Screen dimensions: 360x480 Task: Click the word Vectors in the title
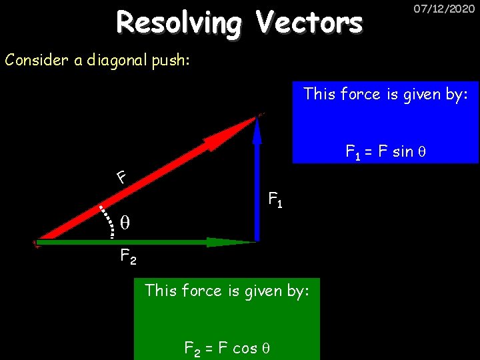pos(309,23)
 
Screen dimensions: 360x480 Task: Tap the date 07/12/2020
pos(439,10)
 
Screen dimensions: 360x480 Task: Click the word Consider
pos(37,60)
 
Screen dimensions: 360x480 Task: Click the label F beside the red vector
pos(121,177)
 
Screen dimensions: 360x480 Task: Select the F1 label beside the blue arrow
pos(275,199)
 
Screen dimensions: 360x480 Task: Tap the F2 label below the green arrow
pos(128,256)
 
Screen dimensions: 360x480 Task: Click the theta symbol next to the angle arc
pos(124,222)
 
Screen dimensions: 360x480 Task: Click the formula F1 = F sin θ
pos(385,152)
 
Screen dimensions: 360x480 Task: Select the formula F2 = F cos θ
pos(226,347)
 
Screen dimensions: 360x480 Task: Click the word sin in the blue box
pos(403,151)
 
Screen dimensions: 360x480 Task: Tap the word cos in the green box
pos(245,347)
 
